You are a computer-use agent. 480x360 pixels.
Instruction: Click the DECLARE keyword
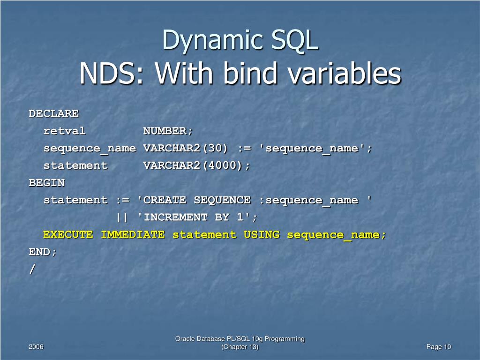[54, 113]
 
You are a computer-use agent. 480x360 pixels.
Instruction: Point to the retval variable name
[65, 131]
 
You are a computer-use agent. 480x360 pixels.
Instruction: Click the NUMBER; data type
[168, 131]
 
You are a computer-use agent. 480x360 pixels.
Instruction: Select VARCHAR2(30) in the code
[186, 148]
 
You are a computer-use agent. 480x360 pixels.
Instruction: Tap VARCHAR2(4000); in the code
[197, 165]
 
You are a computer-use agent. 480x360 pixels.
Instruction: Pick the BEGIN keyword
[47, 183]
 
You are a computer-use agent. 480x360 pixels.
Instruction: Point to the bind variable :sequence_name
[308, 200]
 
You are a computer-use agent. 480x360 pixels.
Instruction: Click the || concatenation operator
[122, 217]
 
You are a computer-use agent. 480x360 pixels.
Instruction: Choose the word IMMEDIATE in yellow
[133, 235]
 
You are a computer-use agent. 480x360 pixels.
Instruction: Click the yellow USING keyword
[261, 235]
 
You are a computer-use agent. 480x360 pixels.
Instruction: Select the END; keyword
[43, 252]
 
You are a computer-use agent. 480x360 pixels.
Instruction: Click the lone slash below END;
[32, 269]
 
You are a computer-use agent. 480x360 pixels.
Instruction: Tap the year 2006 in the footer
[36, 347]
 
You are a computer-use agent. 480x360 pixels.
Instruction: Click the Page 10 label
[439, 347]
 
